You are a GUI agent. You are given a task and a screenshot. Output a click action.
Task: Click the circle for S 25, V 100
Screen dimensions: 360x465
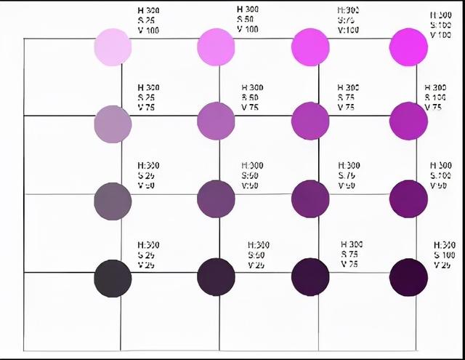point(113,47)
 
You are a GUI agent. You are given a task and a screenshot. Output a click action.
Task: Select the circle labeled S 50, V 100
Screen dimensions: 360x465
point(216,47)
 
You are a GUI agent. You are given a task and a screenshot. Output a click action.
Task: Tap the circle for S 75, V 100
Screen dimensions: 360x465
point(310,47)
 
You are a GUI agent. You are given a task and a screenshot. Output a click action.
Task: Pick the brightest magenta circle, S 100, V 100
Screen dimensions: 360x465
point(408,47)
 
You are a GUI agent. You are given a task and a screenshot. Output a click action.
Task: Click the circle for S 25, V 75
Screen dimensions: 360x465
point(113,124)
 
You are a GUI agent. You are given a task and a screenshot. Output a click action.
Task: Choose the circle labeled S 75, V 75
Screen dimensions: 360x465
point(310,121)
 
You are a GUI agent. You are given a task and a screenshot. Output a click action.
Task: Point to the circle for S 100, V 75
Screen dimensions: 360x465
point(408,121)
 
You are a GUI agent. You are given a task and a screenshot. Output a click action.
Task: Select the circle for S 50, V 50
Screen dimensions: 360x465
point(216,198)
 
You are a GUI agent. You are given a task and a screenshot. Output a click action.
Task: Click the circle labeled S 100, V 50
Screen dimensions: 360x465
point(408,198)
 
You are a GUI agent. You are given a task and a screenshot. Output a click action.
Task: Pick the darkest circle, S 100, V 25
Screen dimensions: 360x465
point(408,276)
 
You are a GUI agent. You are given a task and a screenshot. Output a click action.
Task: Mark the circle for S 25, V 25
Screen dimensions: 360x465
point(113,277)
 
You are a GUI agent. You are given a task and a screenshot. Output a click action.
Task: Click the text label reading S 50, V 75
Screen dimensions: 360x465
point(252,97)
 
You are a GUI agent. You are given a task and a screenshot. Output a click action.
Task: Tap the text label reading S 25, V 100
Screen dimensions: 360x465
point(149,20)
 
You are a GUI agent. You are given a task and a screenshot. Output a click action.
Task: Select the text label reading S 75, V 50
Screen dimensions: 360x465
point(349,175)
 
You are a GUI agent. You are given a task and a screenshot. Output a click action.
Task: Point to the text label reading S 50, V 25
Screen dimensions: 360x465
point(259,255)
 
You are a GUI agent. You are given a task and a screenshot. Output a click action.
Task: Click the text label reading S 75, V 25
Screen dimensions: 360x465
point(352,254)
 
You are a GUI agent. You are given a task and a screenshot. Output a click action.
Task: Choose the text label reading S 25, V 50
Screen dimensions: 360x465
point(149,175)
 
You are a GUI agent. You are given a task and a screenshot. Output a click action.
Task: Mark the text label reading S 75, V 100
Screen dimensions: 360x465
point(348,20)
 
